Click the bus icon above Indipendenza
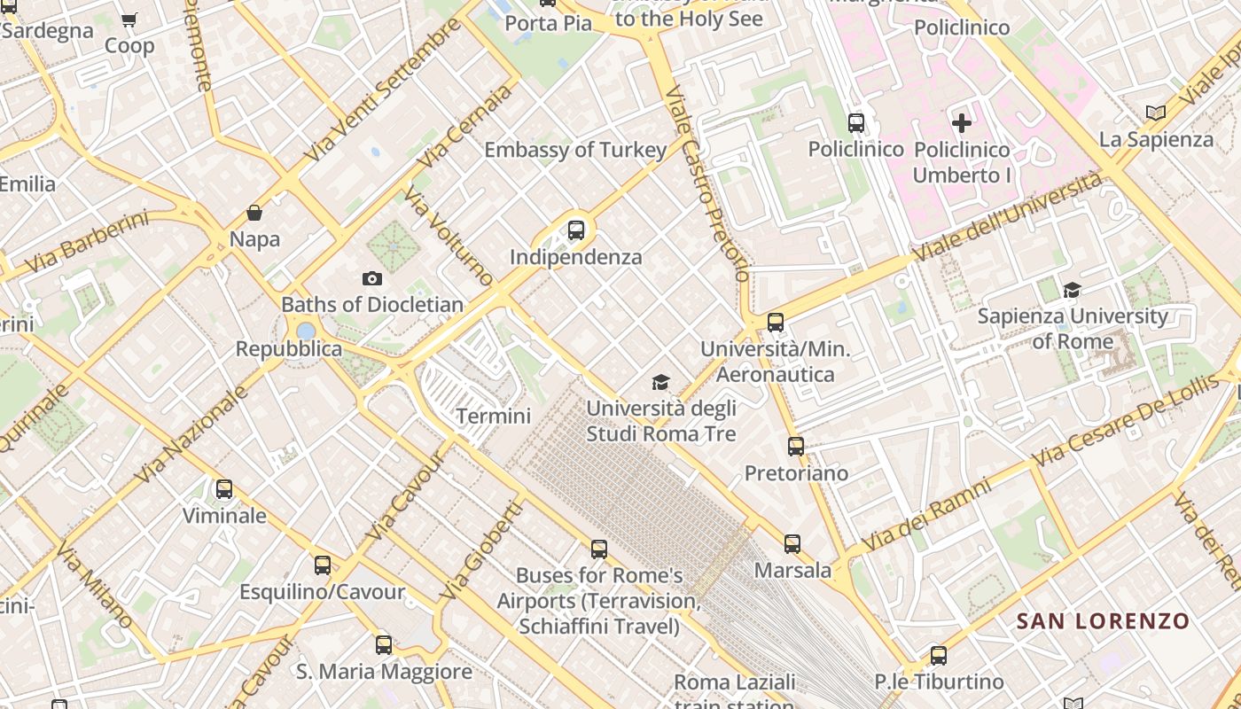[x=576, y=231]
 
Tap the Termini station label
[x=493, y=416]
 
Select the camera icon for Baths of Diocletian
[x=372, y=278]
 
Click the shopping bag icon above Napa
[x=254, y=213]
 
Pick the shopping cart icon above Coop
[x=129, y=19]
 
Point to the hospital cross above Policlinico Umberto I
[x=962, y=123]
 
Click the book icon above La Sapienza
[x=1155, y=113]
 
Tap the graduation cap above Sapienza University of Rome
[x=1073, y=290]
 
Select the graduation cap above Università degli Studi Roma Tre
[x=660, y=382]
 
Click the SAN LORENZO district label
[x=1102, y=621]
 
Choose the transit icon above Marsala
[x=792, y=543]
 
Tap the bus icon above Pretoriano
[x=796, y=447]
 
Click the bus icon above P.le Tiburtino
[x=939, y=656]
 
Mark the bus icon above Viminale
[x=224, y=489]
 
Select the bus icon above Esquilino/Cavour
[x=323, y=565]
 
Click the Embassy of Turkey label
[x=574, y=150]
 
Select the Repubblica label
[x=289, y=349]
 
